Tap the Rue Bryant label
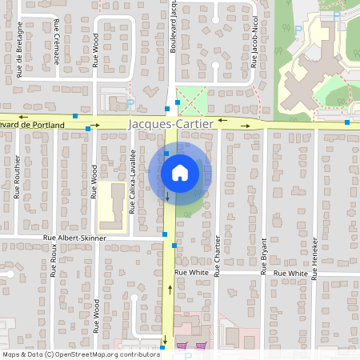pyautogui.click(x=263, y=255)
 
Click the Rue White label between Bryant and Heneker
pyautogui.click(x=290, y=274)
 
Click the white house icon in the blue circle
pyautogui.click(x=179, y=172)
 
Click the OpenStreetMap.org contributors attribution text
pyautogui.click(x=107, y=354)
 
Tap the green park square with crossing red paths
pyautogui.click(x=190, y=102)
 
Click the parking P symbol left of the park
pyautogui.click(x=131, y=102)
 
